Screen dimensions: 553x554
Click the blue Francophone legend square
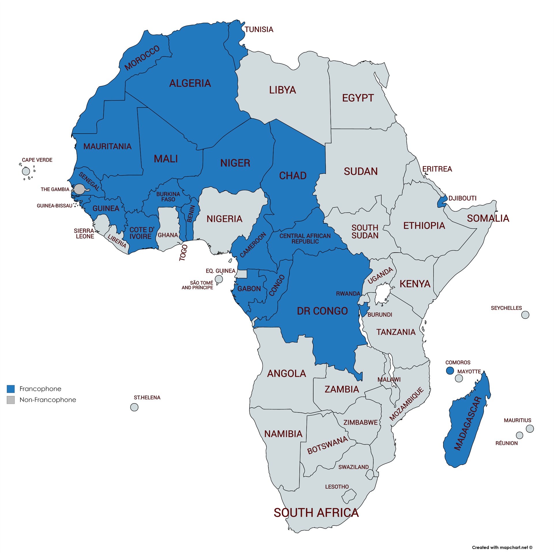(11, 389)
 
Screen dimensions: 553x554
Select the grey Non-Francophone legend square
(11, 400)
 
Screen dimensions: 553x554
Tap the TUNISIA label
(259, 29)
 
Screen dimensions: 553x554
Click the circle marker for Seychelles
(525, 314)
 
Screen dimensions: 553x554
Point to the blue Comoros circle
(450, 370)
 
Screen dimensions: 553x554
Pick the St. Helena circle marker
(134, 407)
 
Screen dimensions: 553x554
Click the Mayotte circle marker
(458, 378)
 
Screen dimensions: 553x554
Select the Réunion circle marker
(519, 435)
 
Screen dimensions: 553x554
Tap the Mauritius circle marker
(529, 428)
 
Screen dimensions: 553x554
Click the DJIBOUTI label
(462, 198)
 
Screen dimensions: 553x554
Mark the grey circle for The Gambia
(79, 189)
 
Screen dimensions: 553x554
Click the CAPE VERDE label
(37, 160)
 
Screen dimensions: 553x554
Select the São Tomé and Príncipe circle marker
(219, 279)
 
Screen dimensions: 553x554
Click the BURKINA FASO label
(168, 196)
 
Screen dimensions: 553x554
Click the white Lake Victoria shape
(382, 293)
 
